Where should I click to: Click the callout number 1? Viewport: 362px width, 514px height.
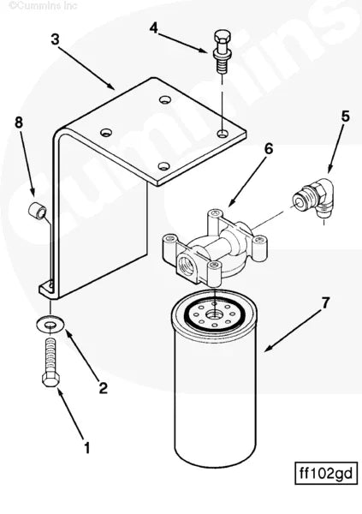click(x=86, y=445)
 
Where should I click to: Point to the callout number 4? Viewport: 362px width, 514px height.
click(x=153, y=28)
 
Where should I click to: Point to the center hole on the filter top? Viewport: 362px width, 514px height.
click(x=214, y=316)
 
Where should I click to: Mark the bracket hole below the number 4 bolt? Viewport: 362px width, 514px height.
click(x=221, y=134)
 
